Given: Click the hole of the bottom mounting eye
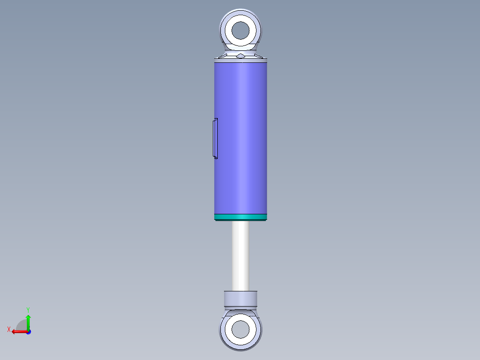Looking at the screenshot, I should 240,330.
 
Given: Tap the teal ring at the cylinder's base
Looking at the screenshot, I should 240,217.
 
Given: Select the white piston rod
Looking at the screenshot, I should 240,256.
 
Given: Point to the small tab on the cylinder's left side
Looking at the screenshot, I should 215,138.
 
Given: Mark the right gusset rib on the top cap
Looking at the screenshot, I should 257,55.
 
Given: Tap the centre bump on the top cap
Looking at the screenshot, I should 240,56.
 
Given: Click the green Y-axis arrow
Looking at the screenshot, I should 28,320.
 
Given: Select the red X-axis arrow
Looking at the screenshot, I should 18,331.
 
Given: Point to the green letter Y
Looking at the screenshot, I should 28,309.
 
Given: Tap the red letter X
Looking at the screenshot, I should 9,330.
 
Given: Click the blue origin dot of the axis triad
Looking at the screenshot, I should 28,331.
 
